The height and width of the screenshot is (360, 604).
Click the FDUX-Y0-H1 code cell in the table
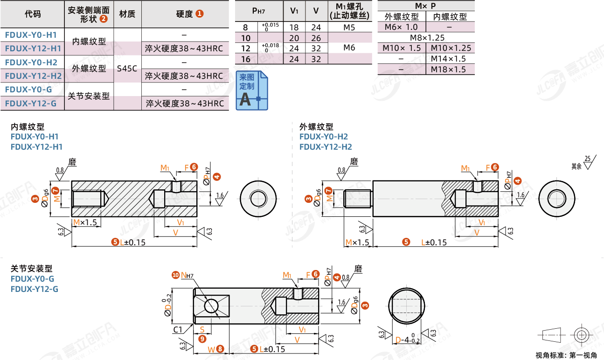[x=31, y=35]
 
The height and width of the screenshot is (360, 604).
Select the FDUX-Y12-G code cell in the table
[x=31, y=103]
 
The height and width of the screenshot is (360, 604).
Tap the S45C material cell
[x=127, y=69]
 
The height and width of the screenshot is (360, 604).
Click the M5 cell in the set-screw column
[x=349, y=28]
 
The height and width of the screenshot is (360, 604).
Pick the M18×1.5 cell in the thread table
[x=448, y=69]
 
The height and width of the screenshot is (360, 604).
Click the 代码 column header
[x=32, y=14]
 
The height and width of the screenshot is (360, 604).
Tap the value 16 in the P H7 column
[x=246, y=59]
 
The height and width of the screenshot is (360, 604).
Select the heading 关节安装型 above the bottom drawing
[x=32, y=269]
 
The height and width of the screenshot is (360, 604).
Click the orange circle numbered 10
[x=175, y=275]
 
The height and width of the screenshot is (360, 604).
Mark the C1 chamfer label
[x=178, y=330]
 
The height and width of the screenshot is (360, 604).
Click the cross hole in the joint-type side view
[x=211, y=306]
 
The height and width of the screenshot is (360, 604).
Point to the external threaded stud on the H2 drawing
[x=358, y=199]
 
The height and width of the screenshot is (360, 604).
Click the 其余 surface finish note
[x=576, y=166]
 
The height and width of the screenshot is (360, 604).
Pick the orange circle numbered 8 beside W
[x=220, y=348]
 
